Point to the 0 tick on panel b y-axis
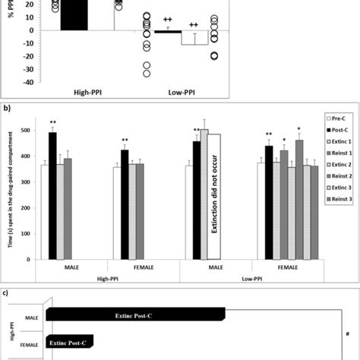point(27,260)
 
